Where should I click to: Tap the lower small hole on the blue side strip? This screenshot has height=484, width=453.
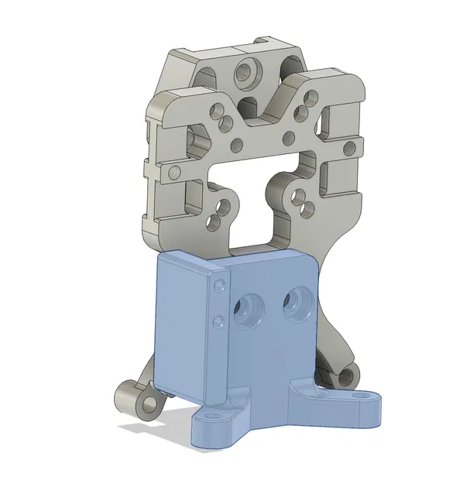(x=219, y=319)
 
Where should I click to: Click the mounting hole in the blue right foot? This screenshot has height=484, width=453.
(x=356, y=396)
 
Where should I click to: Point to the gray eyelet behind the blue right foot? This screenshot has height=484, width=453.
(x=346, y=376)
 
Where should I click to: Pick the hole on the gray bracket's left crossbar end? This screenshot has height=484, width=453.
(x=174, y=170)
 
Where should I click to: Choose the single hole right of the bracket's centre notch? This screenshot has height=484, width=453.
(x=289, y=138)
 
